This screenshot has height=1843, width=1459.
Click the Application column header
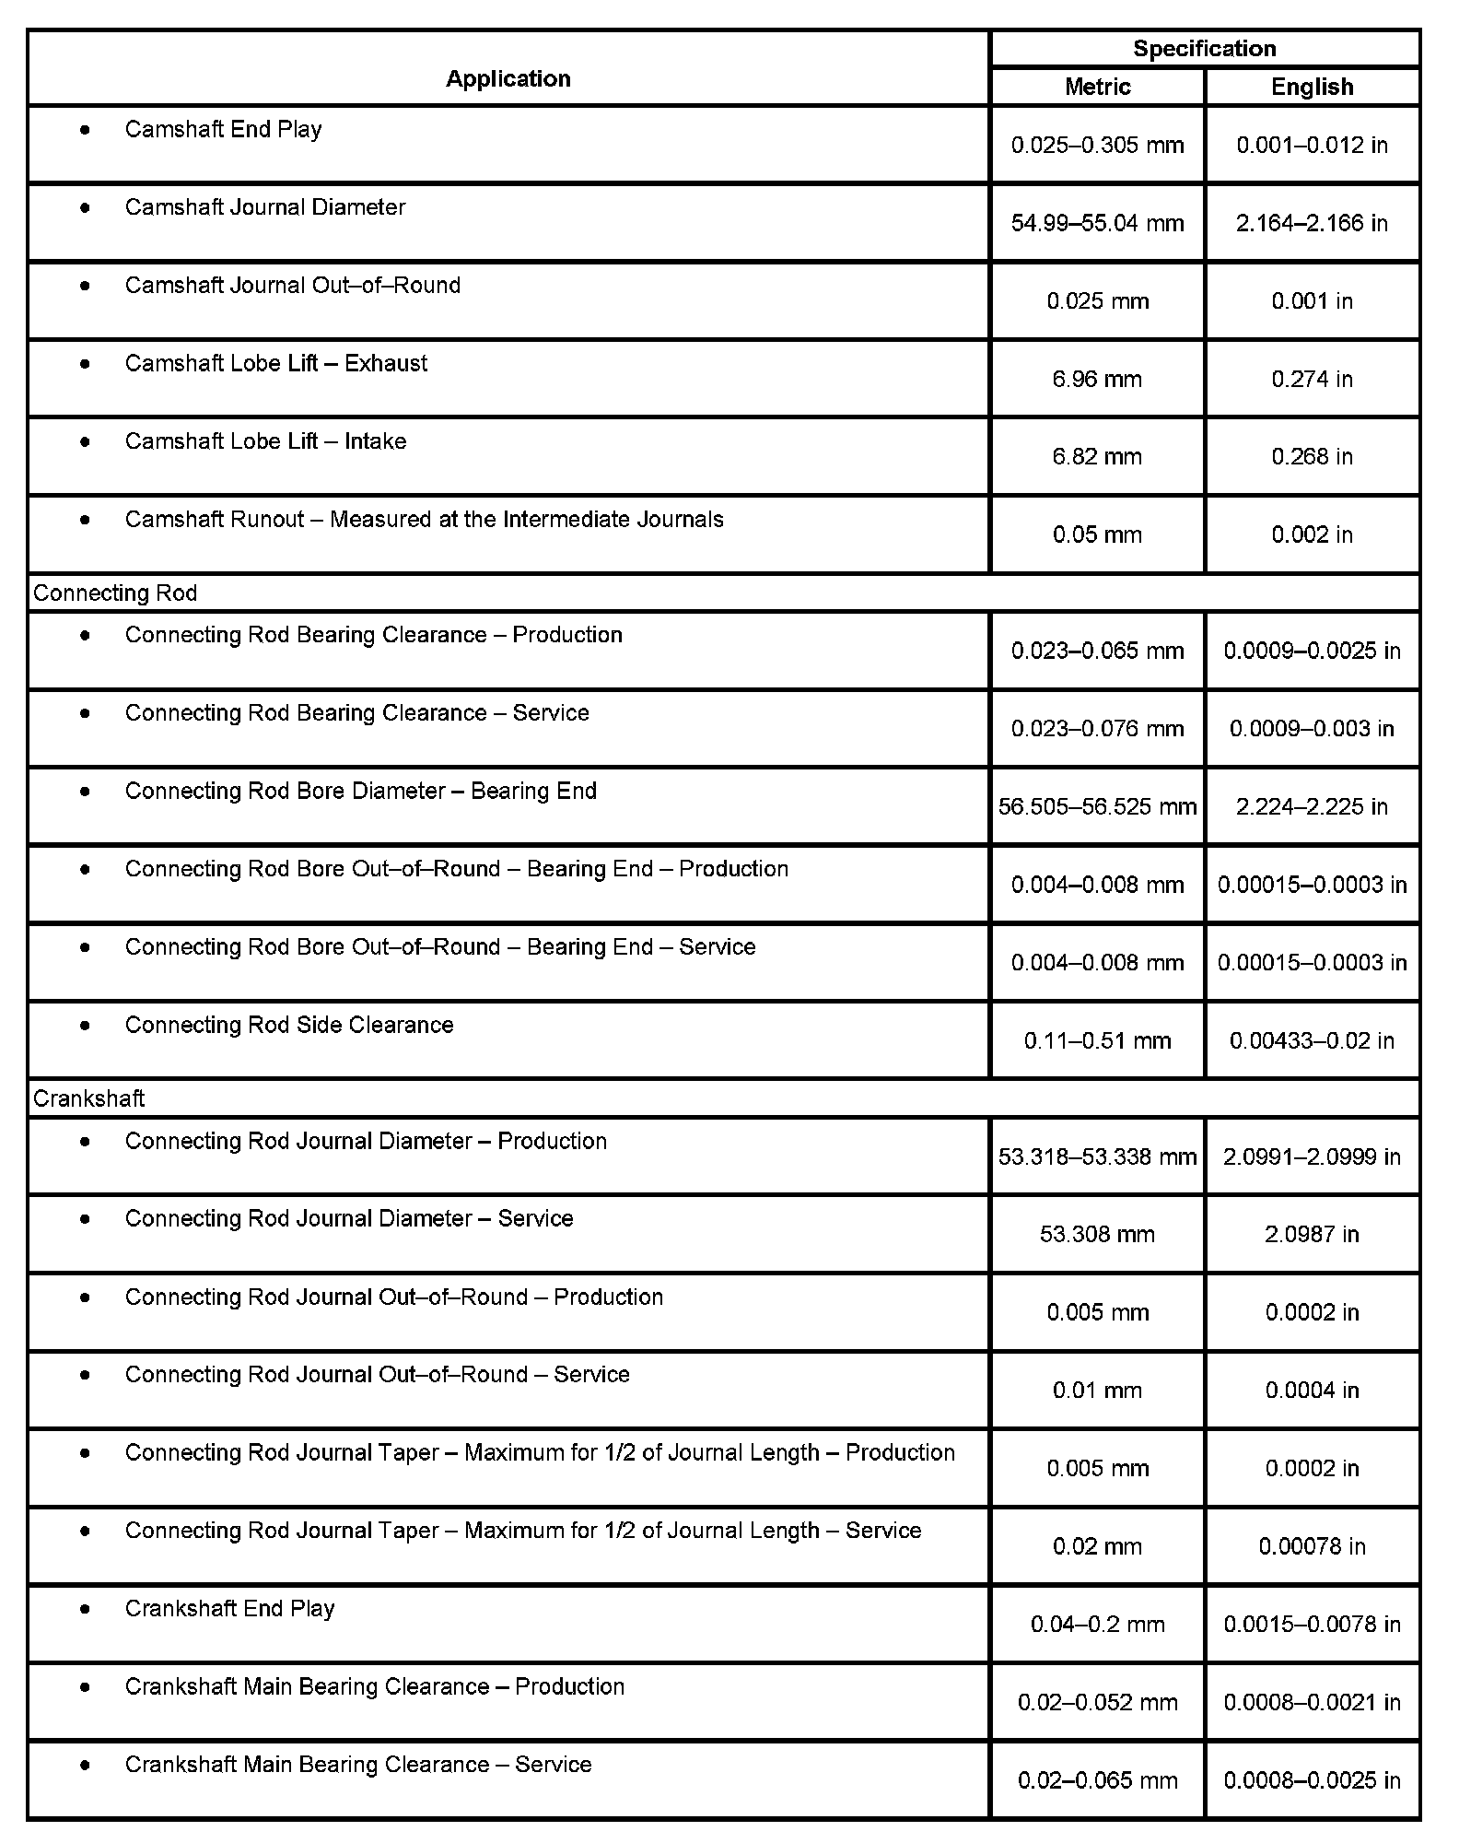(x=508, y=79)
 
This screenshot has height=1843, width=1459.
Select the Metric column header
(x=1097, y=87)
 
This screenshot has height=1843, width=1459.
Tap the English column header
(x=1312, y=87)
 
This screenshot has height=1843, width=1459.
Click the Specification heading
(x=1204, y=49)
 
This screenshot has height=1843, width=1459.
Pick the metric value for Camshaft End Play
(x=1097, y=145)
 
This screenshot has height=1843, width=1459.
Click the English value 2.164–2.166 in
(x=1312, y=223)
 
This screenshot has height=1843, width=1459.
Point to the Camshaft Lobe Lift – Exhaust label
(x=275, y=364)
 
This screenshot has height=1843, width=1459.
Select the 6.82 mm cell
(x=1097, y=457)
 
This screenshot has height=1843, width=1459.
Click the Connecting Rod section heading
(x=115, y=593)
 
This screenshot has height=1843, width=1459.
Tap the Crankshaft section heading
(x=89, y=1099)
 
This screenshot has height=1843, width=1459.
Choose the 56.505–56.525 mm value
(x=1097, y=807)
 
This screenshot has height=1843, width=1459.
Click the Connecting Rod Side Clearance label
(x=288, y=1026)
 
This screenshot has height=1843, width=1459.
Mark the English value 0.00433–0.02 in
(x=1312, y=1041)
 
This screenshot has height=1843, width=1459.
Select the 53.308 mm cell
(x=1097, y=1235)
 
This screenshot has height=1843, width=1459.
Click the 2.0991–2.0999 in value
(x=1312, y=1156)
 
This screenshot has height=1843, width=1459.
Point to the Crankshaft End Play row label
(x=229, y=1609)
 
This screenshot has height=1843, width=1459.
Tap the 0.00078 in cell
(x=1312, y=1546)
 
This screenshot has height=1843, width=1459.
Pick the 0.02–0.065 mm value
(x=1097, y=1780)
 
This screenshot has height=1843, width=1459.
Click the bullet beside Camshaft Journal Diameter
(x=86, y=208)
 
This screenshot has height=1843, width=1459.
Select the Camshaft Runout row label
(x=424, y=520)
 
